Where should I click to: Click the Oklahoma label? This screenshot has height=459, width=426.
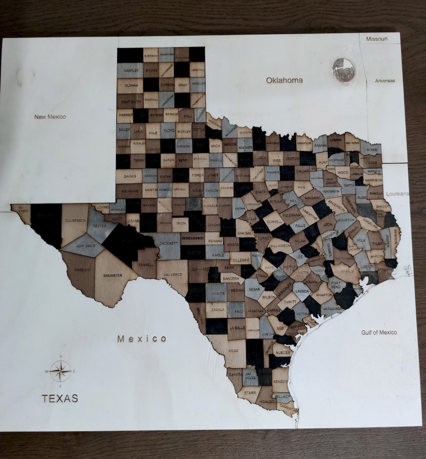pos(284,80)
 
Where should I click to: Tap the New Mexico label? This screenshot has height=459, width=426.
pos(50,117)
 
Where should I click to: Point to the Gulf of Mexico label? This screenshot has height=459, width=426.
pos(379,332)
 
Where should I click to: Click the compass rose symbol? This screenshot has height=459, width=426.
pos(60,371)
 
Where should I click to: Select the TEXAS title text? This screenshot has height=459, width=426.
pos(60,398)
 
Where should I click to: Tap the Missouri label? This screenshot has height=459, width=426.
pos(377,39)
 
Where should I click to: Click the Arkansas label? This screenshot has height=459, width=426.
pos(385,81)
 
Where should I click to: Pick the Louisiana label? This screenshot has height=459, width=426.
pos(398,194)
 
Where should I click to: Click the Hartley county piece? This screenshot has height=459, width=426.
pos(131,71)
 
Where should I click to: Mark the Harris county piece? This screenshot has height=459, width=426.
pos(346,271)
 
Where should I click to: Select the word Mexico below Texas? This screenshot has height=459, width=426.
pos(142,339)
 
